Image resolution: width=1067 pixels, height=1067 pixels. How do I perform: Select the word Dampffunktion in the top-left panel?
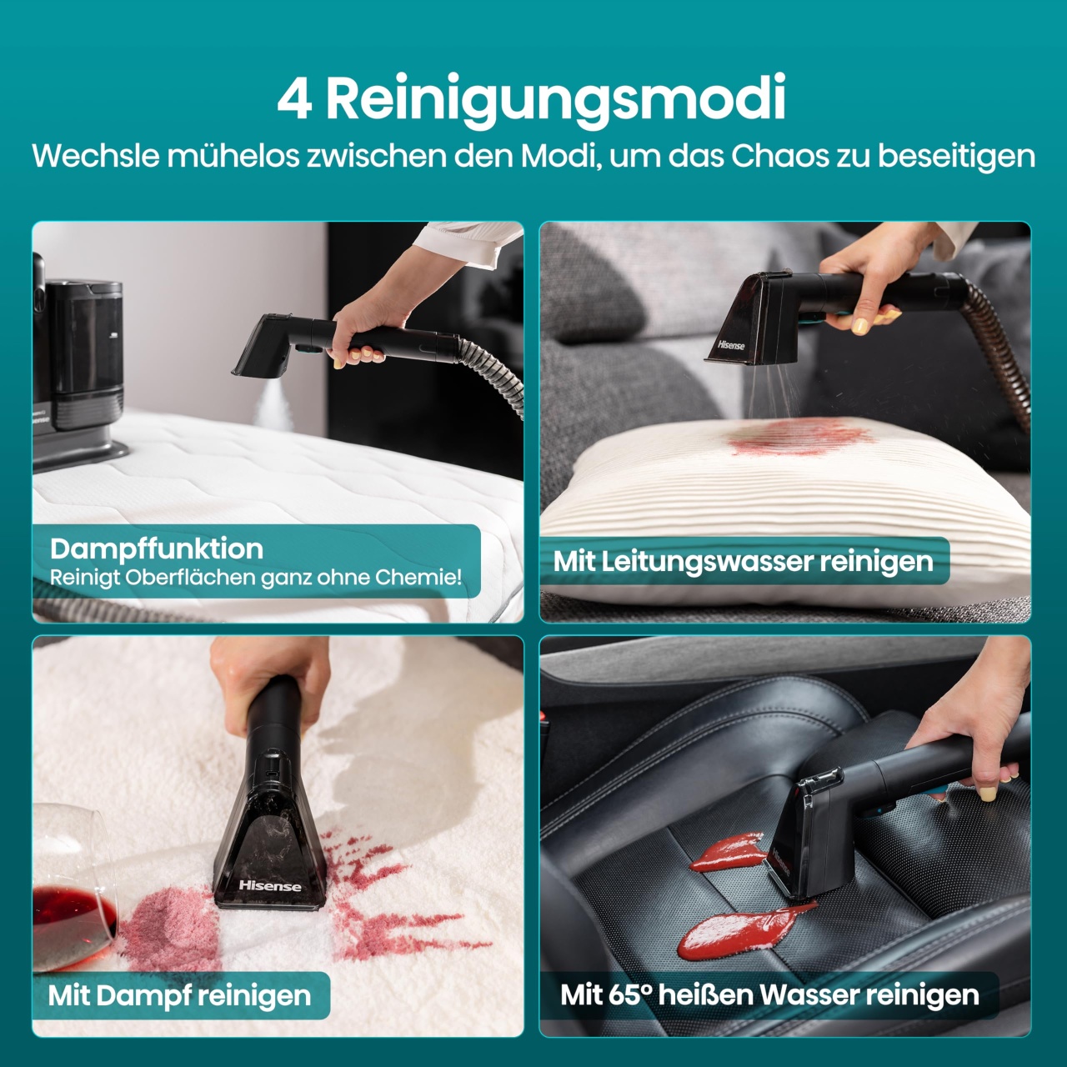pos(157,549)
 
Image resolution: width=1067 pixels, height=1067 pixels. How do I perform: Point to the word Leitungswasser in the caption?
pos(707,562)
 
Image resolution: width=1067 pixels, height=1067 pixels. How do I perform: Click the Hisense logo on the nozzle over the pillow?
pos(731,344)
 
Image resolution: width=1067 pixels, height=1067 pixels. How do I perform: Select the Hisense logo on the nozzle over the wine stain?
pos(270,885)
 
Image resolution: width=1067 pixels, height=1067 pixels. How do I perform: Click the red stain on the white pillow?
pos(800,436)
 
